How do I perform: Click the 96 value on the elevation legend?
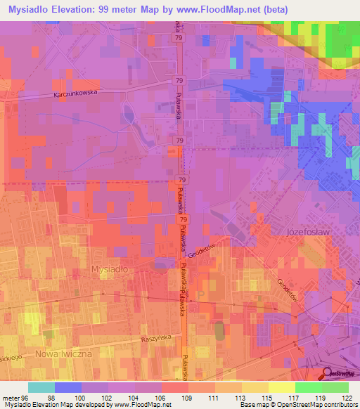pyautogui.click(x=25, y=397)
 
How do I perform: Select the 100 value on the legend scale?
pyautogui.click(x=81, y=397)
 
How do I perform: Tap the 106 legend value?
pyautogui.click(x=161, y=397)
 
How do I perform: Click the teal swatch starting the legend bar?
pyautogui.click(x=41, y=387)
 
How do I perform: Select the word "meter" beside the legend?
pyautogui.click(x=10, y=397)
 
